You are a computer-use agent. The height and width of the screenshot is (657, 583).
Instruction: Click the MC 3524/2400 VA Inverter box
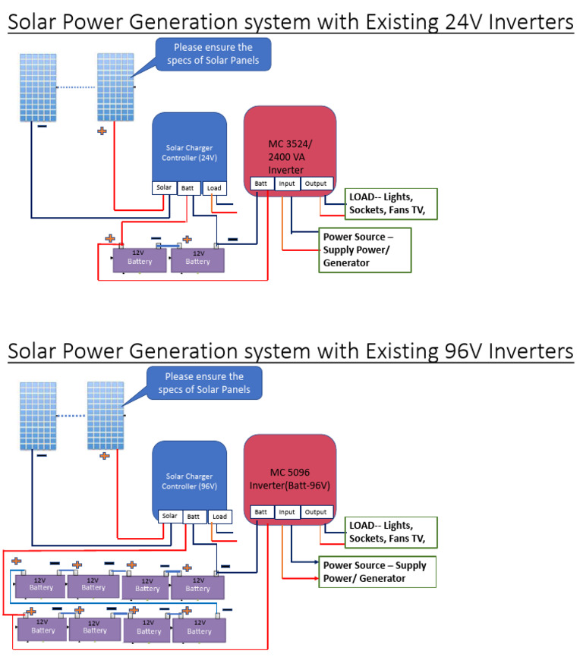[x=289, y=144]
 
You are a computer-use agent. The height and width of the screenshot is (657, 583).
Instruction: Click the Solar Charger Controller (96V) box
[x=189, y=474]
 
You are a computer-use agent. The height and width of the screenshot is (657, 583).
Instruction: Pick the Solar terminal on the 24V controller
[x=164, y=187]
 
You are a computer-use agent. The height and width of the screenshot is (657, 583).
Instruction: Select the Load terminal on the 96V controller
[x=219, y=517]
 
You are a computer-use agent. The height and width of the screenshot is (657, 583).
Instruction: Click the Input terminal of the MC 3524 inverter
[x=287, y=184]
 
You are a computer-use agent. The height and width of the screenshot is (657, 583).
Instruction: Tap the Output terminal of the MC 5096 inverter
[x=316, y=512]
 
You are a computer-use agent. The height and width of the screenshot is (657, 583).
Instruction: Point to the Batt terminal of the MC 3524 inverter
[x=261, y=184]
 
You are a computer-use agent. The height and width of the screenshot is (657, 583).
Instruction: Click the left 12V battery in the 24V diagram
[x=139, y=260]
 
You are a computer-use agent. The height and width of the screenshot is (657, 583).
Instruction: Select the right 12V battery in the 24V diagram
[x=197, y=260]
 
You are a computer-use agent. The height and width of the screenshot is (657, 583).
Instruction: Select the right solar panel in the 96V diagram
[x=106, y=414]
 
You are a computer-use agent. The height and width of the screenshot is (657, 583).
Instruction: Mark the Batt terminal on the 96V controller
[x=194, y=516]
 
